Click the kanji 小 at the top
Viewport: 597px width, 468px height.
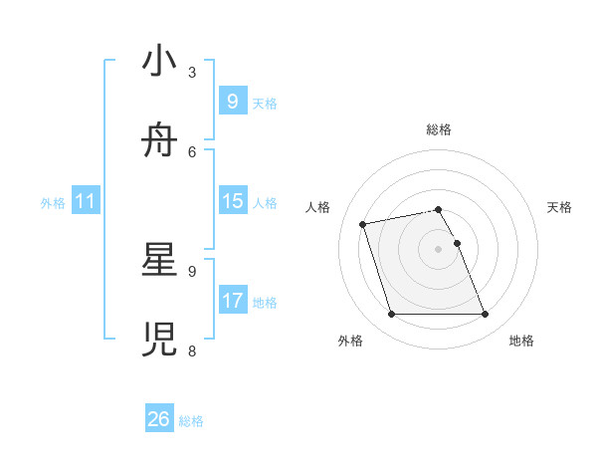(160, 62)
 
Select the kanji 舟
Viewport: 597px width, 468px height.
(160, 140)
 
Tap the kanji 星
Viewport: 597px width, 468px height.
(160, 261)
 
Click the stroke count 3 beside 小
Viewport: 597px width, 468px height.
(191, 72)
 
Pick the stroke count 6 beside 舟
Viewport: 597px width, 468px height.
(191, 151)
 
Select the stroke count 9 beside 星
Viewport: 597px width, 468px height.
(191, 271)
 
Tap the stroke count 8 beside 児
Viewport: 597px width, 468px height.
(191, 351)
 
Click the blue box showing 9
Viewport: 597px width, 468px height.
(232, 101)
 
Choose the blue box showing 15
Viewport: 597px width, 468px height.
(232, 201)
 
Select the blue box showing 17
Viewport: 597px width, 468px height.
(232, 300)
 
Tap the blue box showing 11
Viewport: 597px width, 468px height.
(86, 201)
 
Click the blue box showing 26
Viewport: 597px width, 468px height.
(159, 419)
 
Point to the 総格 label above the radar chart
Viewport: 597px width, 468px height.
(439, 129)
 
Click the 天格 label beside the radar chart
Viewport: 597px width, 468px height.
(560, 207)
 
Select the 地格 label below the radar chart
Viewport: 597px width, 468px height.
(521, 341)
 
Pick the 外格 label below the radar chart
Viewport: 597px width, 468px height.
(350, 341)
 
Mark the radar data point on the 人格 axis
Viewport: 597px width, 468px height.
(363, 223)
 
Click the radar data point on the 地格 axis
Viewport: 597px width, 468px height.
(485, 315)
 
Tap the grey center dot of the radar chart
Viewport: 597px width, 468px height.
(439, 248)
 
